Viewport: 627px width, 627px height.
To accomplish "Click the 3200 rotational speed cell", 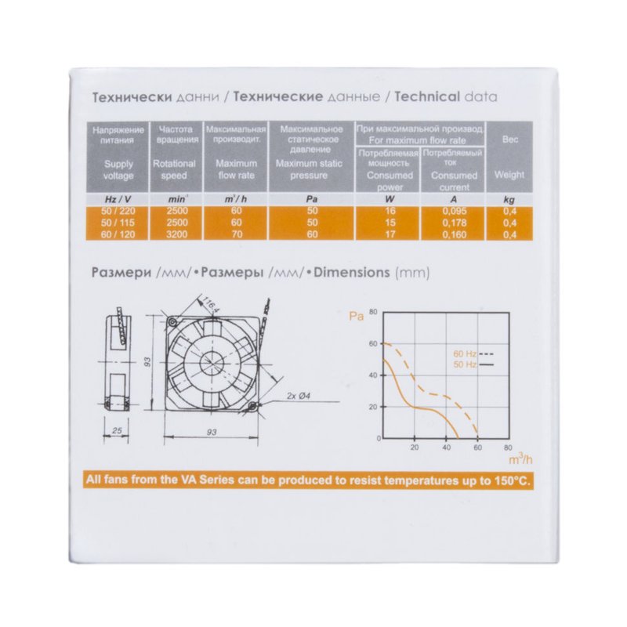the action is click(176, 234).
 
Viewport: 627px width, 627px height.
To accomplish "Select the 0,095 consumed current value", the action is click(455, 211).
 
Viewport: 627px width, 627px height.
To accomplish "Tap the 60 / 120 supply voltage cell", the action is click(118, 234).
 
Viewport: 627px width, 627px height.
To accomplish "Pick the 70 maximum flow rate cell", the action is click(237, 234).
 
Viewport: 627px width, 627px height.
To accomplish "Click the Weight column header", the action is click(509, 175).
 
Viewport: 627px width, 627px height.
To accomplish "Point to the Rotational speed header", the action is click(174, 169).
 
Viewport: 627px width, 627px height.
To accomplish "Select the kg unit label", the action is click(509, 200).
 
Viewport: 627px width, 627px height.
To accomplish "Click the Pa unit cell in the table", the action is click(311, 199).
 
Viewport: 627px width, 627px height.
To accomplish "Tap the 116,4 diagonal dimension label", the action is click(210, 303).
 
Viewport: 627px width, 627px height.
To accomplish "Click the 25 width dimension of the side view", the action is click(117, 430).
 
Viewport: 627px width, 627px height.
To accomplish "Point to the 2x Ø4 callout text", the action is click(299, 396).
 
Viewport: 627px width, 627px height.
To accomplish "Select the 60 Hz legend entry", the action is click(473, 354).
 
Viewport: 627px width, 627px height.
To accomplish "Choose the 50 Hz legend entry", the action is click(473, 364).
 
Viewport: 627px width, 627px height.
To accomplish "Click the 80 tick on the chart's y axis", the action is click(373, 312).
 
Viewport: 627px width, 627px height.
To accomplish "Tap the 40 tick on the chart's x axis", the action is click(446, 448).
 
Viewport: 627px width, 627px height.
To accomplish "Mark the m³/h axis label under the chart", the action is click(520, 459).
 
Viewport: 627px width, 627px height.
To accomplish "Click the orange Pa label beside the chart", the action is click(357, 317).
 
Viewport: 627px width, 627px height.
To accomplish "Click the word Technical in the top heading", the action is click(427, 96).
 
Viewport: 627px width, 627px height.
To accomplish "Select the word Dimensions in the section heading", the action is click(352, 273).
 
